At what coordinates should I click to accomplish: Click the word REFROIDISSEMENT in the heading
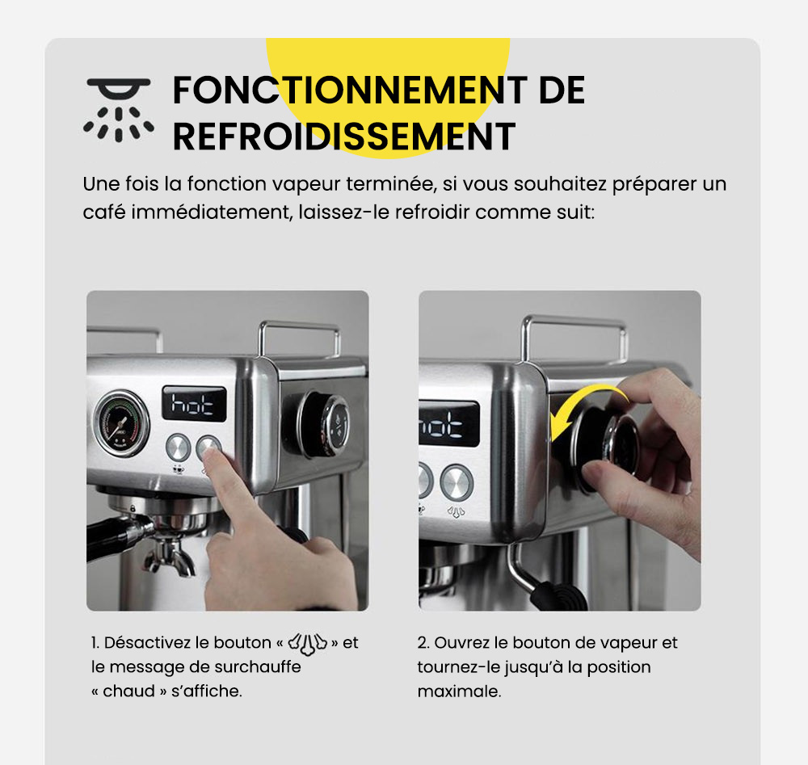(x=343, y=137)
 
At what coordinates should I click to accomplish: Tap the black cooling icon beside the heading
(x=118, y=110)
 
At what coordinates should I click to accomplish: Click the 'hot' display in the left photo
(x=194, y=403)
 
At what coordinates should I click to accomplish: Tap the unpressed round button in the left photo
(x=178, y=448)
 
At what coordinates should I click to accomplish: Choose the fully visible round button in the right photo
(x=456, y=482)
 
